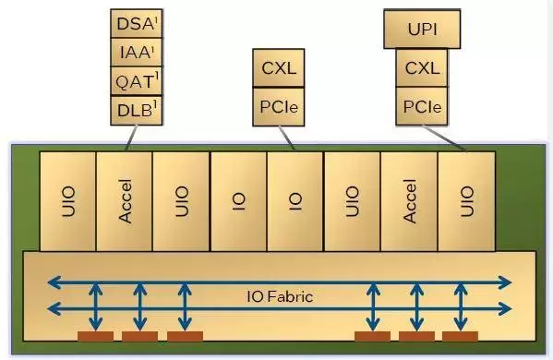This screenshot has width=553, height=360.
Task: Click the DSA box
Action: pyautogui.click(x=137, y=23)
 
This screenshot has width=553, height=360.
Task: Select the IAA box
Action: pyautogui.click(x=137, y=52)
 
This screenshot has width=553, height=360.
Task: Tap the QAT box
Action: pyautogui.click(x=137, y=80)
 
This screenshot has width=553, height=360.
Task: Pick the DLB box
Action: pyautogui.click(x=137, y=110)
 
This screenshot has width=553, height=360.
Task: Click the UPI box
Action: pyautogui.click(x=422, y=29)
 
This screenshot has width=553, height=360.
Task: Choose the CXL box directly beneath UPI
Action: pyautogui.click(x=422, y=67)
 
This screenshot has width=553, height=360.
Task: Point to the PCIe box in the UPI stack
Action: pyautogui.click(x=422, y=106)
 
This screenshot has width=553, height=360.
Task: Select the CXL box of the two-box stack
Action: pyautogui.click(x=279, y=67)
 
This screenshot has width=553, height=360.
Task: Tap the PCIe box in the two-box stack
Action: pyautogui.click(x=279, y=106)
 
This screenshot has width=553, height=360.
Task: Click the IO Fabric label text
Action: pyautogui.click(x=280, y=296)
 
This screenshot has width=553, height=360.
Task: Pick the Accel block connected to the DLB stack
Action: pyautogui.click(x=125, y=201)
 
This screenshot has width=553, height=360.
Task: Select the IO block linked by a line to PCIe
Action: pyautogui.click(x=295, y=201)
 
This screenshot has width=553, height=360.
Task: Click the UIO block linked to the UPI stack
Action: pyautogui.click(x=466, y=201)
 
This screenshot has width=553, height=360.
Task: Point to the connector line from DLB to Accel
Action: pyautogui.click(x=131, y=138)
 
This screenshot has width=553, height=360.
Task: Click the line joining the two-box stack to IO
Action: pyautogui.click(x=287, y=138)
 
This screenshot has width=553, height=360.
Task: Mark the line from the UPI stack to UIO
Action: pyautogui.click(x=445, y=138)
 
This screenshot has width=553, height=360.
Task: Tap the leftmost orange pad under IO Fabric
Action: pyautogui.click(x=96, y=336)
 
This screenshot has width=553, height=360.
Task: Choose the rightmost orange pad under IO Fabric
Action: pyautogui.click(x=461, y=336)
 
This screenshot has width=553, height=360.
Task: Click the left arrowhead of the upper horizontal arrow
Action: pyautogui.click(x=54, y=282)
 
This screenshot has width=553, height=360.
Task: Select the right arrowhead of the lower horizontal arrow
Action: pyautogui.click(x=505, y=309)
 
